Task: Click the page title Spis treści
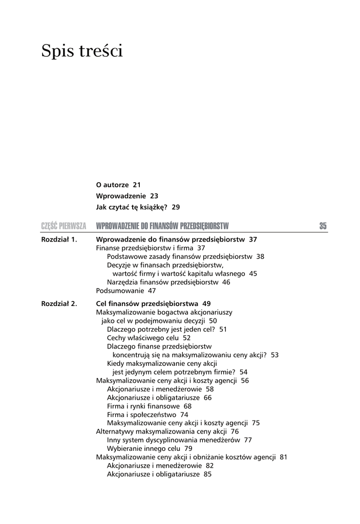pos(82,51)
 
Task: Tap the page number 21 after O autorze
pos(136,185)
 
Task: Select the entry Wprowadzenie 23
pos(127,196)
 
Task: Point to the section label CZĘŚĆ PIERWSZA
pos(63,226)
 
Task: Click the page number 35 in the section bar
pos(323,226)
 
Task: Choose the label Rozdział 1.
pos(59,239)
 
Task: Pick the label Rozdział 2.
pos(59,303)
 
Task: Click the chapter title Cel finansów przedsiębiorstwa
pos(149,303)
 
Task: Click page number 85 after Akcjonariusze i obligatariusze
pos(207,474)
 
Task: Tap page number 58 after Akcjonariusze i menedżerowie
pos(209,389)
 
